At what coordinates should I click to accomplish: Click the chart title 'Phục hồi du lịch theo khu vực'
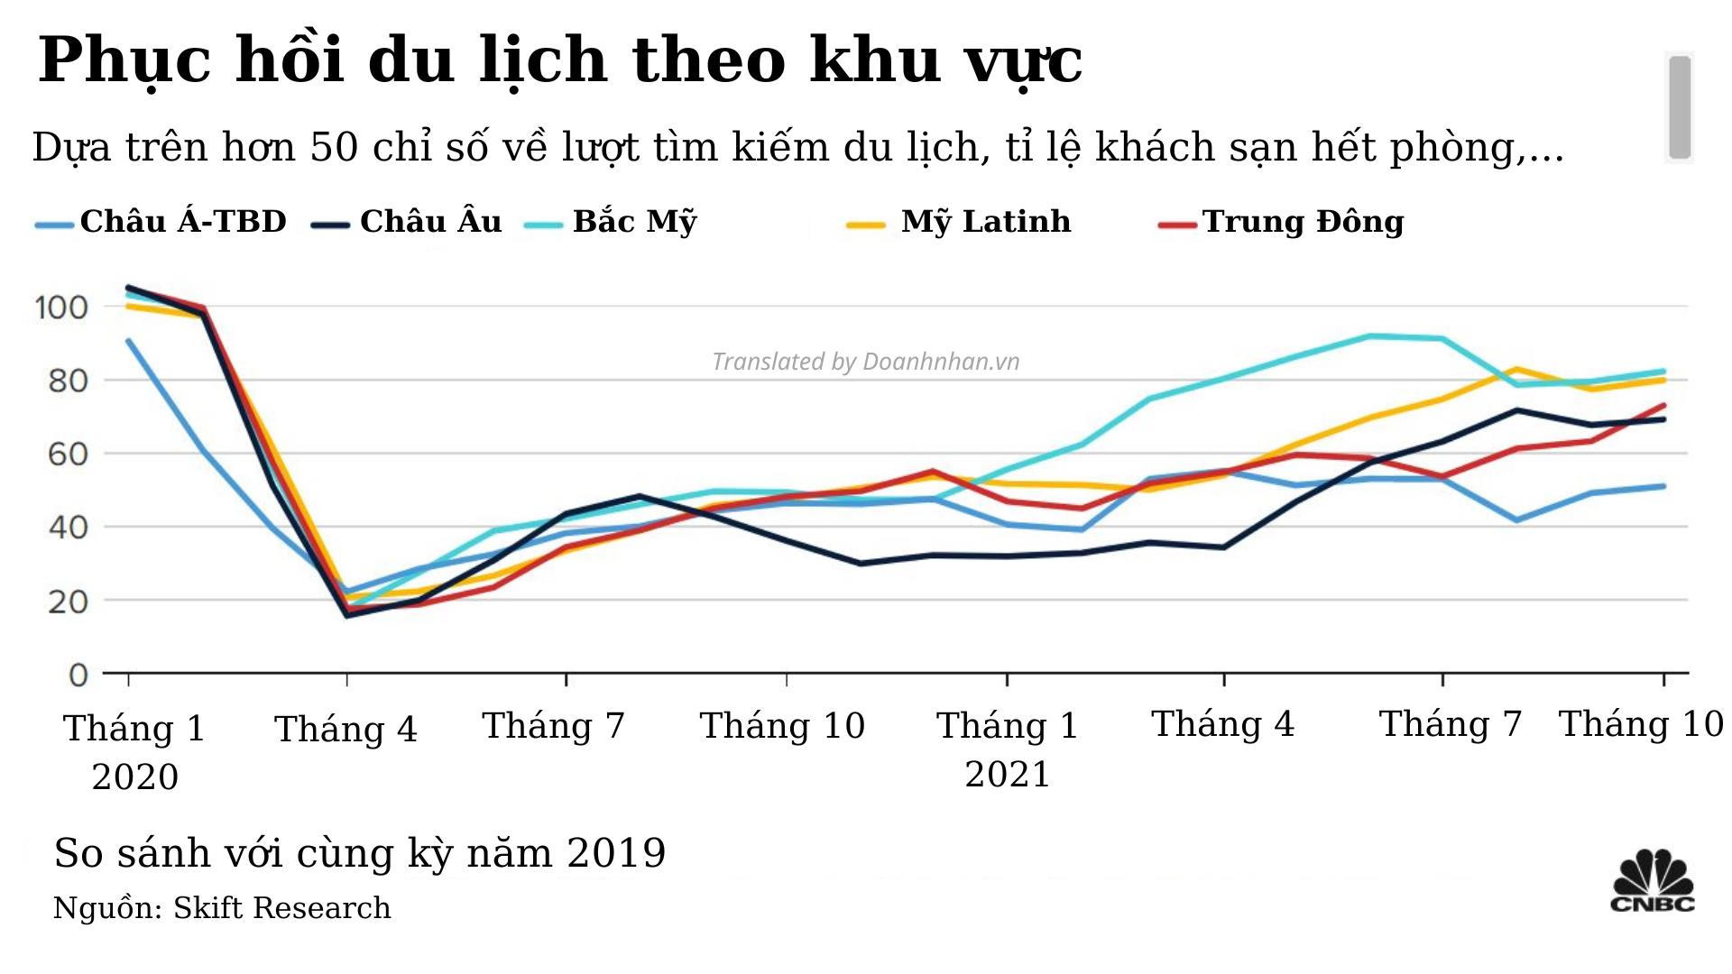click(x=559, y=60)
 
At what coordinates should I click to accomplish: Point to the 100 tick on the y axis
click(x=61, y=308)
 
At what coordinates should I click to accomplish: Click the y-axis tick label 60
click(x=69, y=454)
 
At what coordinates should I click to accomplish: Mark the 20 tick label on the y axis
click(x=69, y=601)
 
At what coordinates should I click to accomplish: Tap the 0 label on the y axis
click(x=78, y=675)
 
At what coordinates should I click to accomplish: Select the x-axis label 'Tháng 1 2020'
click(x=134, y=751)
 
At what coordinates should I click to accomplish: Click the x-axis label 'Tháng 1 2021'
click(x=1008, y=749)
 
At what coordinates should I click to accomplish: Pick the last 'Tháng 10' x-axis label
click(x=1641, y=724)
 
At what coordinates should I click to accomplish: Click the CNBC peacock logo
click(x=1653, y=881)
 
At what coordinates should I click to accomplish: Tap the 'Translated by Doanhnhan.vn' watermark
click(x=865, y=362)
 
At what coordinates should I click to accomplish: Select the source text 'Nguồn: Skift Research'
click(x=222, y=908)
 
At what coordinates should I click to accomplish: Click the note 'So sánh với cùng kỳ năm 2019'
click(x=359, y=853)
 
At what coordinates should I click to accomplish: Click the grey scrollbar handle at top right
click(x=1679, y=107)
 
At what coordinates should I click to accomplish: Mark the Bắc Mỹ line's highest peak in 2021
click(x=1370, y=336)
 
